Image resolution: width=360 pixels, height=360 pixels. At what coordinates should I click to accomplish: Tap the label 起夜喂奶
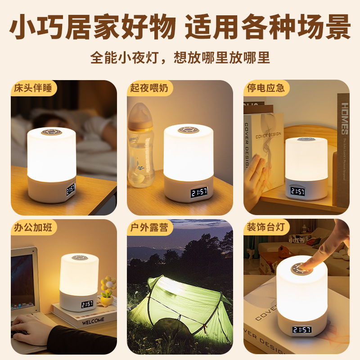(x=148, y=88)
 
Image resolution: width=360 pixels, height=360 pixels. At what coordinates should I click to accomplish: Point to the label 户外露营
(x=148, y=228)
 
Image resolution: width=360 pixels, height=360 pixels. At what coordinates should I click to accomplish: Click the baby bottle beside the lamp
(x=140, y=144)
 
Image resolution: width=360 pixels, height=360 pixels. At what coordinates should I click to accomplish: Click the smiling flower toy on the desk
(x=108, y=288)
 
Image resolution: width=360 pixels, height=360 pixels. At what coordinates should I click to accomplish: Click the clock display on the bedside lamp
(x=71, y=189)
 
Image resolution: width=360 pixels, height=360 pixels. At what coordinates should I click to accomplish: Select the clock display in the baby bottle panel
(x=199, y=193)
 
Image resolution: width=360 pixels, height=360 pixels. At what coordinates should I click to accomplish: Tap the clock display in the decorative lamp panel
(x=301, y=330)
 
